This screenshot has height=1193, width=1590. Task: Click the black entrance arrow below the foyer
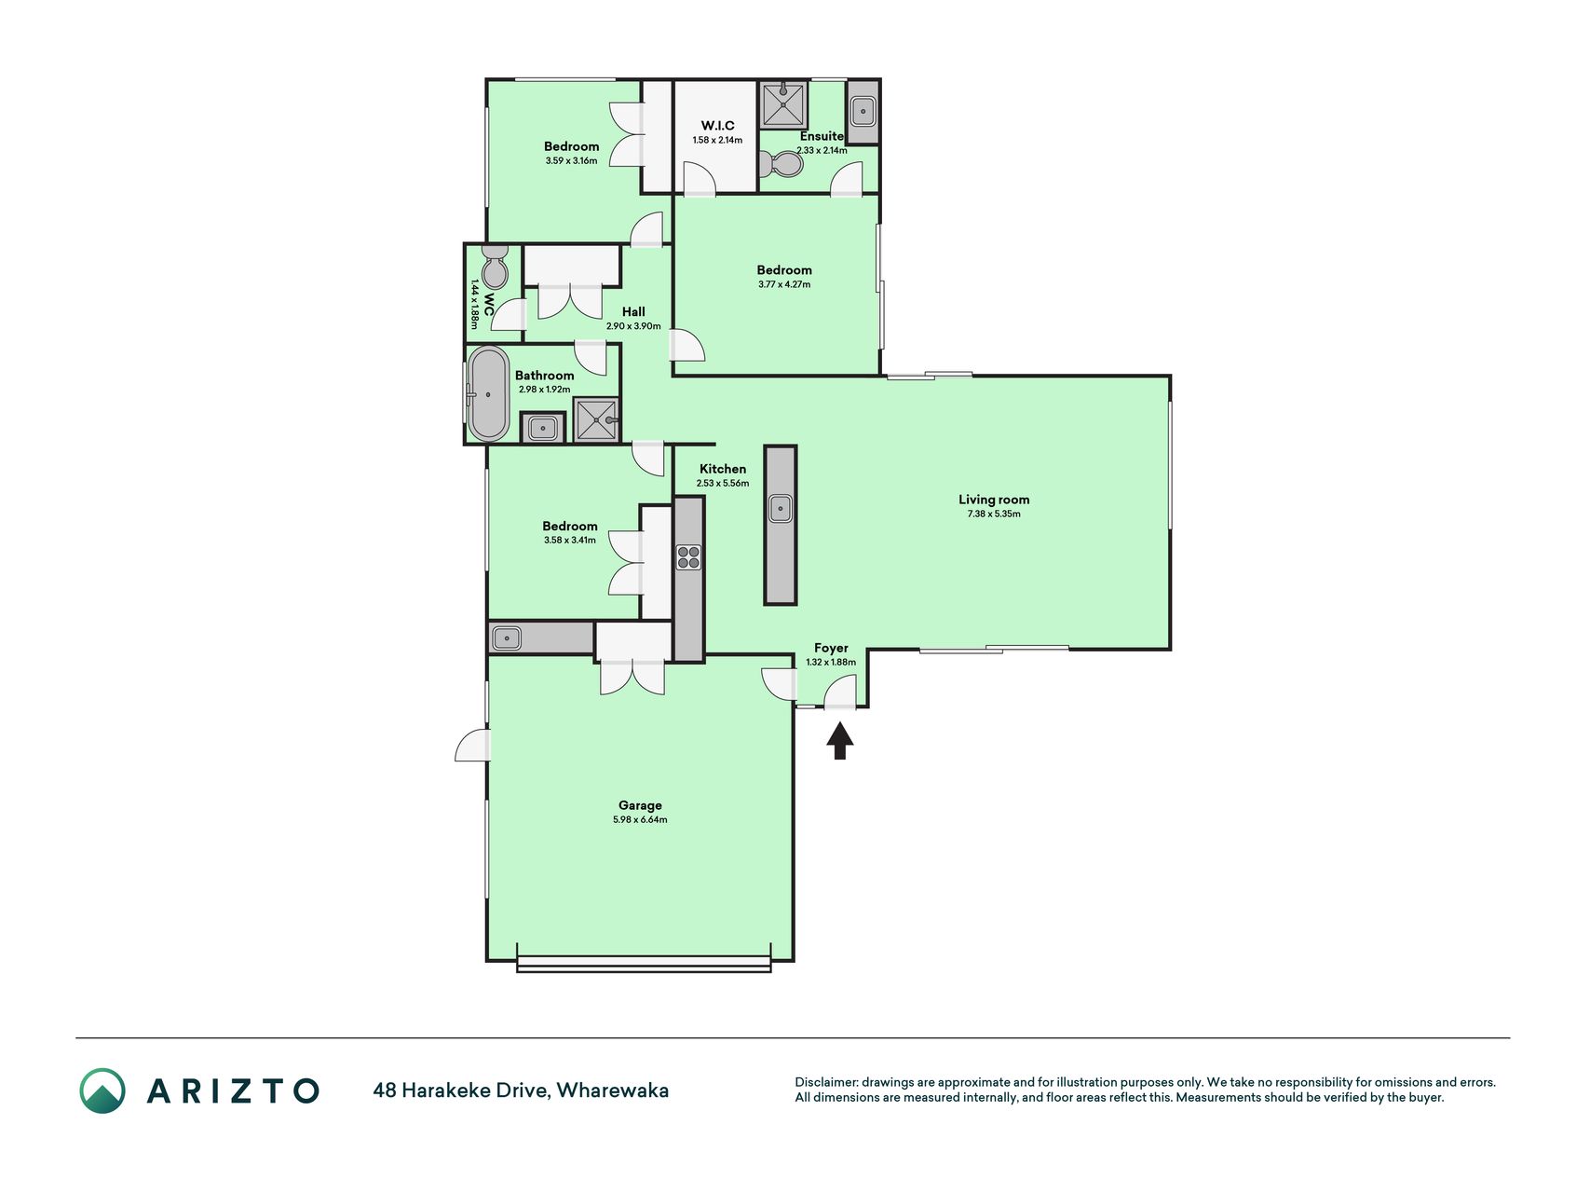coord(840,742)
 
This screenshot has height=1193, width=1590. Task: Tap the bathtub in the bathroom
coord(488,394)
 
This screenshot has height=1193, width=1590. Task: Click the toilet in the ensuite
coord(782,165)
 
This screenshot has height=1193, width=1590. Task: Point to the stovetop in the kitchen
coord(688,557)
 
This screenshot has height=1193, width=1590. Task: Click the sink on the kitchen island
coord(780,509)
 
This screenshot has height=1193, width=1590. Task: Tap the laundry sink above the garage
coord(507,638)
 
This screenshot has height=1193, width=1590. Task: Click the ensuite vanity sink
coord(863,113)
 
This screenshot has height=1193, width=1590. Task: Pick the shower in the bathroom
coord(595,419)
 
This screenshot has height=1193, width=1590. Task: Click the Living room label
coord(994,500)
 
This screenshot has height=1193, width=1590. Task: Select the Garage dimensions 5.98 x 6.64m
coord(640,820)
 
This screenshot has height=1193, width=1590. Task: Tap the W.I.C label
coord(717,126)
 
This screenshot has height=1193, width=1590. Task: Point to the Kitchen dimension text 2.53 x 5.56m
coord(723,484)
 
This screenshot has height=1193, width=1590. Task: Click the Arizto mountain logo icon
coord(102,1090)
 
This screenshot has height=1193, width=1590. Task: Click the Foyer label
coord(831,648)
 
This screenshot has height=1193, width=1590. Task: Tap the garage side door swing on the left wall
coord(472,746)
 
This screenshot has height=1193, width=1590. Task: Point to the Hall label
coord(633,312)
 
